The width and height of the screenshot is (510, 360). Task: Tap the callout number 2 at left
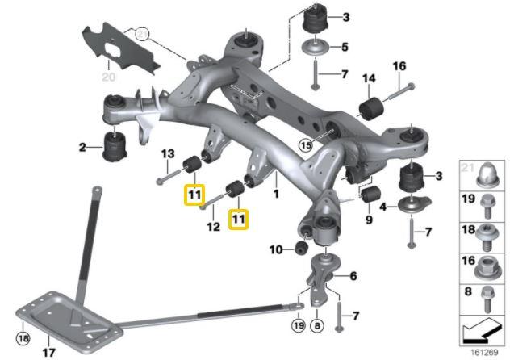click(82, 147)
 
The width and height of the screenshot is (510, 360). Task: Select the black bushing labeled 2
click(114, 147)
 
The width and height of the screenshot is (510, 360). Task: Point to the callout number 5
click(345, 46)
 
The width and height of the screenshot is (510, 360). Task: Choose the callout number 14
click(368, 78)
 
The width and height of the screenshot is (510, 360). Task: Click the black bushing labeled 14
click(373, 107)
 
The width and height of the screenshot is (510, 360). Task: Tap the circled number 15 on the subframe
click(303, 145)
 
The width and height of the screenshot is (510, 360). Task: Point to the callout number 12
click(213, 227)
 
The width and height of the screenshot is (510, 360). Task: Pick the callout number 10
click(276, 249)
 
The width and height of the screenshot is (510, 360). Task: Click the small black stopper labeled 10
click(299, 246)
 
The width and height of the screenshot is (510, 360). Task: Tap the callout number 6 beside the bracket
click(353, 276)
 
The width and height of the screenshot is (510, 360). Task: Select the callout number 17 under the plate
click(48, 353)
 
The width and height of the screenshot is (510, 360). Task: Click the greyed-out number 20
click(108, 77)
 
